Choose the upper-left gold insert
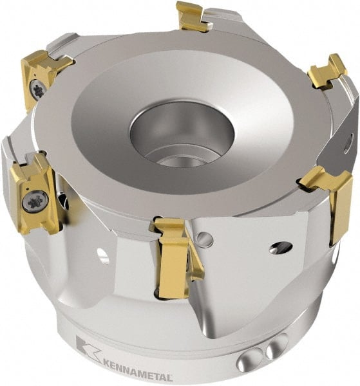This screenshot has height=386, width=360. coord(42,77)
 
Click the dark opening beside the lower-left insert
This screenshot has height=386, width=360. coord(63,200)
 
